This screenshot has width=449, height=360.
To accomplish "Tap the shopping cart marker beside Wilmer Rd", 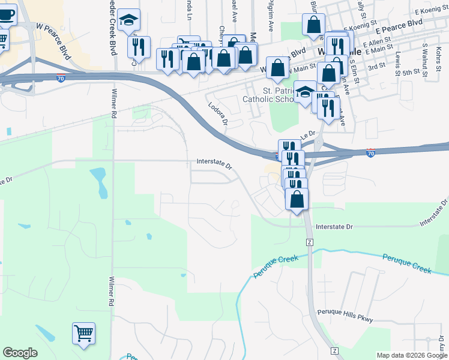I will (83, 334).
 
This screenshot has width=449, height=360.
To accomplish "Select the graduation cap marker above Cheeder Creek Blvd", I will (128, 20).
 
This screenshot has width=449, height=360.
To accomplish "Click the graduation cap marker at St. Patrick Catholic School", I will (306, 92).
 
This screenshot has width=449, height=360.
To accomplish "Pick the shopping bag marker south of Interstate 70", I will (297, 199).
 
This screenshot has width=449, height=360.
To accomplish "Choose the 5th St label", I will (412, 72).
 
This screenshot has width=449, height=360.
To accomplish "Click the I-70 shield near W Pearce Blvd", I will (61, 78).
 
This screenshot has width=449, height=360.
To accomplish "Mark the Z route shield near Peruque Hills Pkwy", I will (334, 350).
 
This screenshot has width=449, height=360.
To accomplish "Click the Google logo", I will (20, 353).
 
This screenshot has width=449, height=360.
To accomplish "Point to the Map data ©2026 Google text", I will (412, 355).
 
